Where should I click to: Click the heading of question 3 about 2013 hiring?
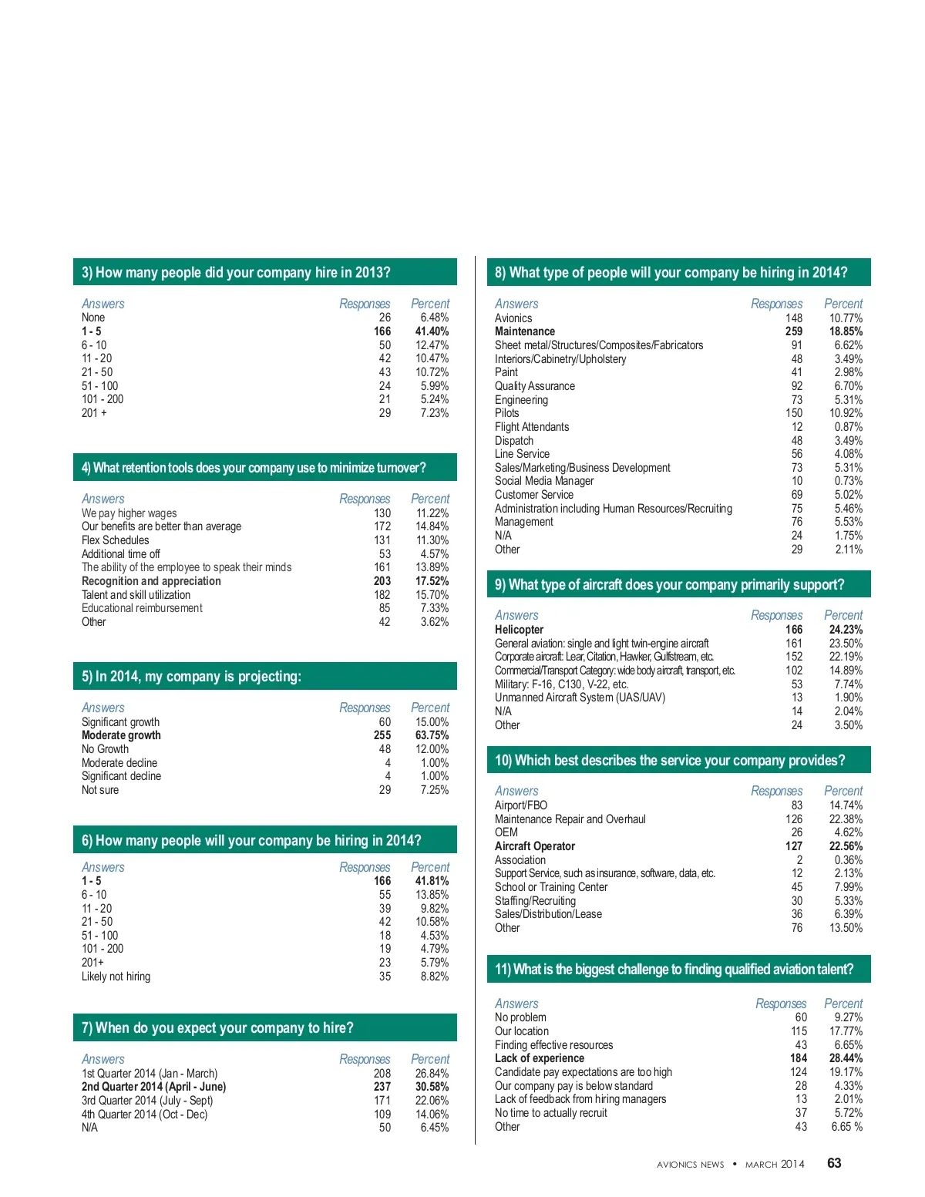pos(236,272)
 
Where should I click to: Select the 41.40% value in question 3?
pos(432,331)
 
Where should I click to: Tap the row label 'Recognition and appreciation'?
pos(151,581)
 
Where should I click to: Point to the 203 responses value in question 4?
pos(382,581)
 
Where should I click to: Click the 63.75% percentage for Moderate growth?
pos(432,735)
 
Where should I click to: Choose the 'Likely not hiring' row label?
pos(116,977)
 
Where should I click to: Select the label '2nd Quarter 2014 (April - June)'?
pos(154,1087)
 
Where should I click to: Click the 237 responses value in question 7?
pos(382,1087)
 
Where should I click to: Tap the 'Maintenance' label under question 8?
pos(525,331)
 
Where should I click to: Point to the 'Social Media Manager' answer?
pos(544,481)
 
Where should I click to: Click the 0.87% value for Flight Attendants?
pos(849,427)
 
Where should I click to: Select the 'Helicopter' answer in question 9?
pos(519,630)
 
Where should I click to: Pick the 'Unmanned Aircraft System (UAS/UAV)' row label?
pos(580,698)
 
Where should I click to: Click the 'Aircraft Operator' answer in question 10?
pos(535,846)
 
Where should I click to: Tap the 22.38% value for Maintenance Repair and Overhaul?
pos(846,819)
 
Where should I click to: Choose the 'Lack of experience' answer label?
pos(540,1058)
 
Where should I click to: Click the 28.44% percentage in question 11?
pos(846,1058)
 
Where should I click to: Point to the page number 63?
pos(834,1163)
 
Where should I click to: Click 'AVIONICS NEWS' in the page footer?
pos(690,1165)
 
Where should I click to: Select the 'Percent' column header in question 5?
pos(430,708)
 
